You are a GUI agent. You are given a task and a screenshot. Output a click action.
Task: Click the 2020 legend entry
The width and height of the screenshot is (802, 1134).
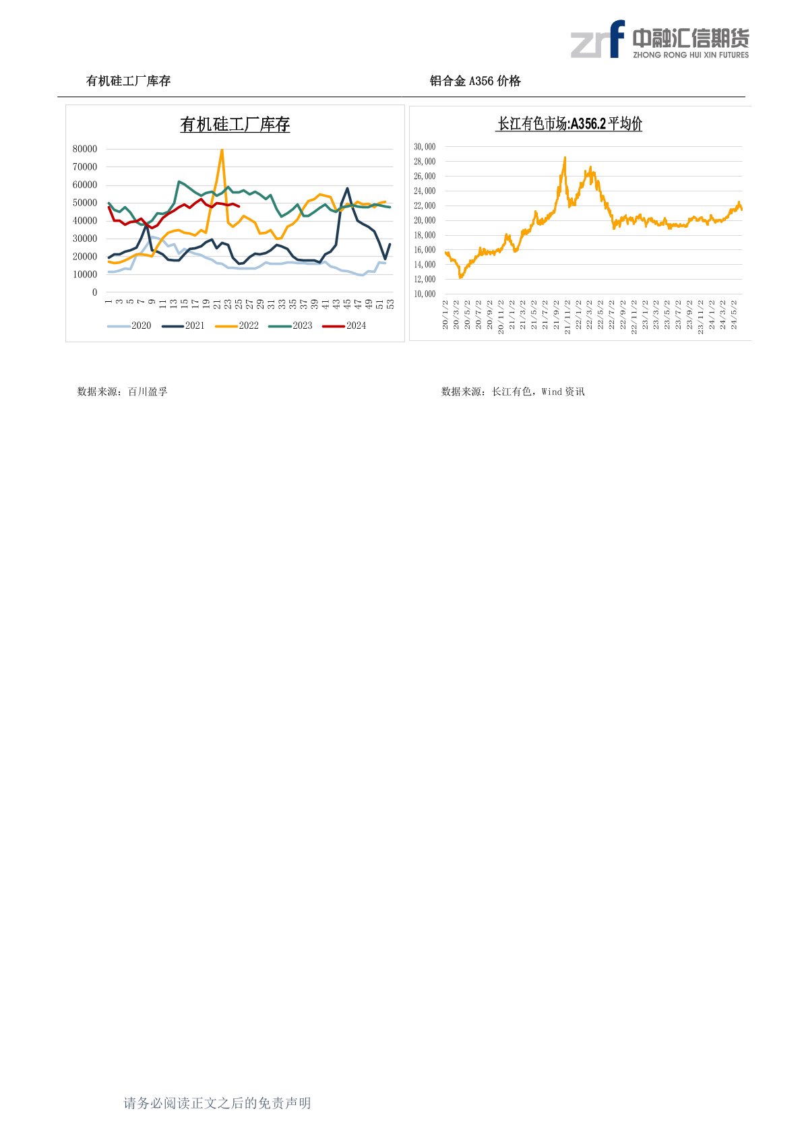(x=130, y=326)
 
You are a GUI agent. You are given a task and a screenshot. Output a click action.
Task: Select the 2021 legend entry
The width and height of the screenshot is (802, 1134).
(x=184, y=326)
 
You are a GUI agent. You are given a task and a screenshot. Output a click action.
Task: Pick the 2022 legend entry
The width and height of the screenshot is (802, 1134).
(x=238, y=326)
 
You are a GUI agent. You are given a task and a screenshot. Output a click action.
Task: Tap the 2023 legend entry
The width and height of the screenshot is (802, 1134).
(x=292, y=326)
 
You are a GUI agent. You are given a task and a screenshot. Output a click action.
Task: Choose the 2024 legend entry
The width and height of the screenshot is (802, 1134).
(x=346, y=326)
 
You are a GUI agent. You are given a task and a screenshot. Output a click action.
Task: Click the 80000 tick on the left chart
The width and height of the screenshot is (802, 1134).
(x=85, y=149)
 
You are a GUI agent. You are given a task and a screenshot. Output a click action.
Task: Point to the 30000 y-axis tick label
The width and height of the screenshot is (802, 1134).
(x=85, y=239)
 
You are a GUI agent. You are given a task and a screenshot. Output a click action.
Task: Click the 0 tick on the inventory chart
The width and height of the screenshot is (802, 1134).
(x=94, y=292)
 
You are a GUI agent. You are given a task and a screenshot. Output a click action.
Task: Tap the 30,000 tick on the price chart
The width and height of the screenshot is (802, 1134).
(x=425, y=147)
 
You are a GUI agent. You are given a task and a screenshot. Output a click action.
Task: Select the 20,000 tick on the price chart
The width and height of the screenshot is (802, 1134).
(x=425, y=220)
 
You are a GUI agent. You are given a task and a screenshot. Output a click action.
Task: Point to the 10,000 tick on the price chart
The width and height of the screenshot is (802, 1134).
(x=425, y=294)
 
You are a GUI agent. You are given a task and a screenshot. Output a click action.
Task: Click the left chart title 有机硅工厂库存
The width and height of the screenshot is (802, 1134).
(x=235, y=125)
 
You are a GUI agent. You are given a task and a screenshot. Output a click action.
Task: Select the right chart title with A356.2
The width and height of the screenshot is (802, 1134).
(x=569, y=124)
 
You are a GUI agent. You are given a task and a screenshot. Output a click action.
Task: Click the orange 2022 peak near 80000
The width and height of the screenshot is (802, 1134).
(x=222, y=150)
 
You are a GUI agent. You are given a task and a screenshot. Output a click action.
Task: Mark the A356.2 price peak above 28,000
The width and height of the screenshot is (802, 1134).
(x=565, y=158)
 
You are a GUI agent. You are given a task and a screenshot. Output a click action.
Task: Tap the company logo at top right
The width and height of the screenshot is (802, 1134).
(x=660, y=40)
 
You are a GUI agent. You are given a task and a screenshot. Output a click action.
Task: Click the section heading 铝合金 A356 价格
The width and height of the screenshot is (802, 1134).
(x=475, y=82)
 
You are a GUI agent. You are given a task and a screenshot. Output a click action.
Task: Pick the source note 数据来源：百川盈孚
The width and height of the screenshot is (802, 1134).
(x=122, y=391)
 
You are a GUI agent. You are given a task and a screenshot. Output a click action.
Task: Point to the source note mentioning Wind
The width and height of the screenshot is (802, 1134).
(x=513, y=391)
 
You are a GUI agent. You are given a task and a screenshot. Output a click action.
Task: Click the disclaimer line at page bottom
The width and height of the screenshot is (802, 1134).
(x=217, y=1103)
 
